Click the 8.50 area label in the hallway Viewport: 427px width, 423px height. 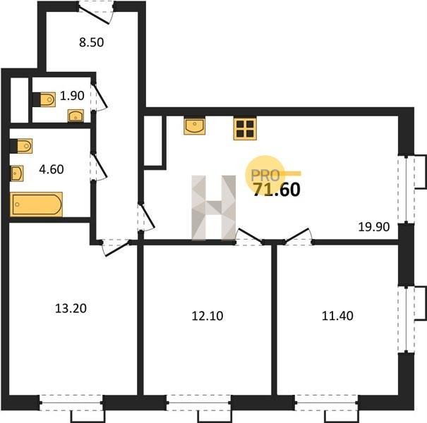(92, 43)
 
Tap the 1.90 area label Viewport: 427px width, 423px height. (72, 96)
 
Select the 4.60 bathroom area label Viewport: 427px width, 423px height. (52, 169)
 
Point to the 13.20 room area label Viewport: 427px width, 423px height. (71, 309)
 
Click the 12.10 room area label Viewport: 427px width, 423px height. (208, 316)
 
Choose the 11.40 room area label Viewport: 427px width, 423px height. (337, 316)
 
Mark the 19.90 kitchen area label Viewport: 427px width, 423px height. (374, 226)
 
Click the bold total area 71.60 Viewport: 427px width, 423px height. (277, 190)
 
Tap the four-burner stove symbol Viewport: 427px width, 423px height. (245, 128)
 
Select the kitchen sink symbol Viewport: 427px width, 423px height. (194, 126)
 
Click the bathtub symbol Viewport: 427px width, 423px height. (36, 204)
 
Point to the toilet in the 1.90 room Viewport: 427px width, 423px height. (44, 99)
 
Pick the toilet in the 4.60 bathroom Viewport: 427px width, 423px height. (21, 146)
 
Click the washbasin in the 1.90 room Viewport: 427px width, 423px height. (76, 116)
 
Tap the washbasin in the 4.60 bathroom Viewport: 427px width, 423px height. (17, 173)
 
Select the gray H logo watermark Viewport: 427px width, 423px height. (214, 208)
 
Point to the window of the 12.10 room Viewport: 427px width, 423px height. (199, 403)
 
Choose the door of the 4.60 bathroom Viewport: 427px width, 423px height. (98, 166)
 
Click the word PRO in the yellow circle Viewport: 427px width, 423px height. (265, 176)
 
